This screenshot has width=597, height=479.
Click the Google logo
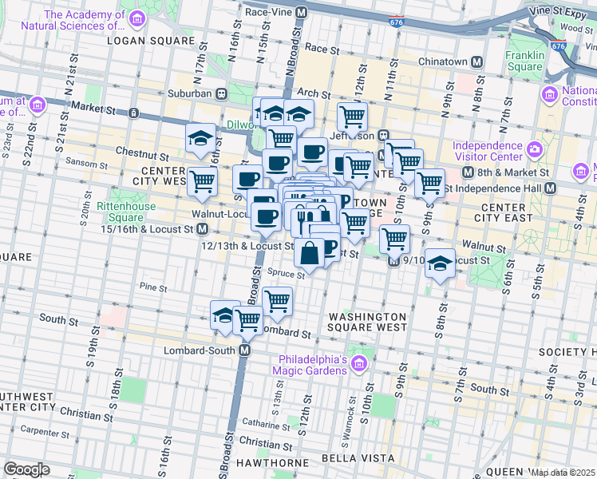[26, 470]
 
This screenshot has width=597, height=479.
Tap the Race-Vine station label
[268, 13]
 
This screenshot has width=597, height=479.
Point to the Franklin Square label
[524, 61]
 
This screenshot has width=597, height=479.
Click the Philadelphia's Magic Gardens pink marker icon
[358, 365]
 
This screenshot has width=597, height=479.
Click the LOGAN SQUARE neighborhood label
[151, 40]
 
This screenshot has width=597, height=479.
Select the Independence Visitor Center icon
[535, 149]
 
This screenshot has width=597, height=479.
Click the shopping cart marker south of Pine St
[277, 301]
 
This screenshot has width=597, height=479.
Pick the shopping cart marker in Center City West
[202, 180]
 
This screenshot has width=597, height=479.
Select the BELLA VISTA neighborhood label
[358, 458]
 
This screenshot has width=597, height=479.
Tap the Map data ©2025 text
[563, 473]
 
